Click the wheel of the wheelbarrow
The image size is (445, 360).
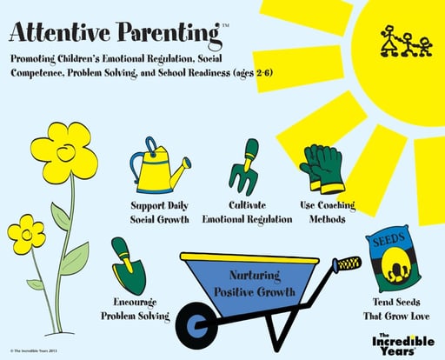coord(197,325)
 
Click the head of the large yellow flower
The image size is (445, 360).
coord(64,153)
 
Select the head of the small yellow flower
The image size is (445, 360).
coord(26,235)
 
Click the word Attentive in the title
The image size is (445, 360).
coord(60,32)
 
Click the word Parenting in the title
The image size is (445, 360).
coord(169,34)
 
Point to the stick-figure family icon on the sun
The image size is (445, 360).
coord(406,41)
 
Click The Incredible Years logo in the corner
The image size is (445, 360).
coord(403,344)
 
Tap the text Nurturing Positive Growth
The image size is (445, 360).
coord(255,283)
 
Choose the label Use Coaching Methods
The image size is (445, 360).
coord(328,212)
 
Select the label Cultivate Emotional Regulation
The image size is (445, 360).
coord(247,212)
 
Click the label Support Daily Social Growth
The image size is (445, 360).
coord(159,213)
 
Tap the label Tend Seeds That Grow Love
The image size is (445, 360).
coord(396,309)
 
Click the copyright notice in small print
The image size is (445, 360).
coord(34,350)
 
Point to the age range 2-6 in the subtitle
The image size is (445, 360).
coord(264,73)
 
